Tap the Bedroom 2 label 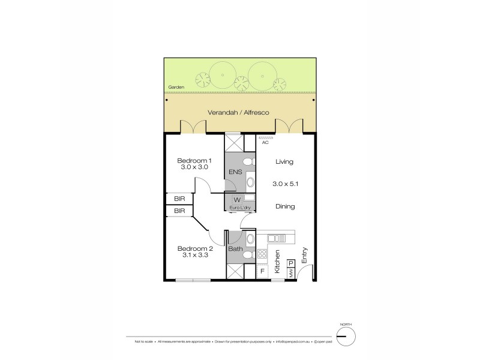point(194,248)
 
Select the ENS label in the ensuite point(235,173)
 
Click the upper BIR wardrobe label point(179,199)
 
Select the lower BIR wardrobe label point(179,211)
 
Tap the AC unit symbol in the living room point(265,138)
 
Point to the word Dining point(284,206)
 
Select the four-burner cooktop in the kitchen point(262,254)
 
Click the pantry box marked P point(291,263)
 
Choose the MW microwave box point(290,274)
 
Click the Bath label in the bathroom point(235,248)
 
